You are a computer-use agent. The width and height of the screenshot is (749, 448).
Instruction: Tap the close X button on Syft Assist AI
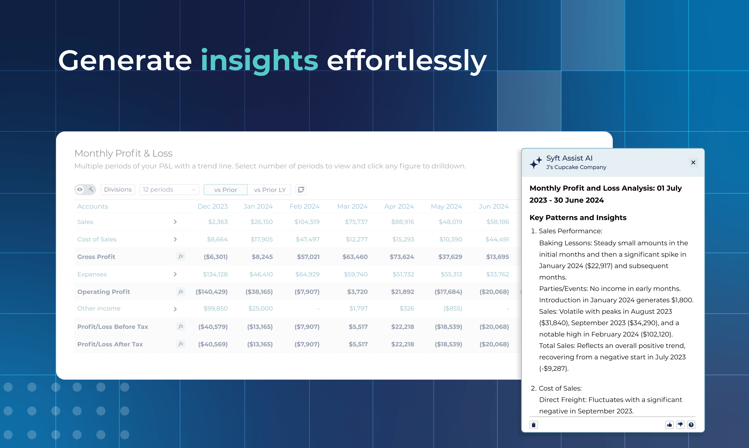(x=693, y=162)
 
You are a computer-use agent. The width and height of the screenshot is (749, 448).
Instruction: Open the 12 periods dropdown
(x=169, y=190)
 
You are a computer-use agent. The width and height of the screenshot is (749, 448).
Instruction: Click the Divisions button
(x=118, y=190)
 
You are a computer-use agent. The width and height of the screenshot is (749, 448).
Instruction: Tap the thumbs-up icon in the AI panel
(x=669, y=425)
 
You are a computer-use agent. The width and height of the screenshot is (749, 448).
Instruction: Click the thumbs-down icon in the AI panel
(x=680, y=425)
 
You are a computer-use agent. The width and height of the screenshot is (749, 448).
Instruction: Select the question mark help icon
(x=691, y=425)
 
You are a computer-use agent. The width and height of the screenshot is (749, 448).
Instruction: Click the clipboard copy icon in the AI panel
(x=534, y=425)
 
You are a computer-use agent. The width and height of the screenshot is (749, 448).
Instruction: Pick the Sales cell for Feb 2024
(x=307, y=222)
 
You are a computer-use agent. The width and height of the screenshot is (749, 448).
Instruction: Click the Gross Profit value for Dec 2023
(x=216, y=257)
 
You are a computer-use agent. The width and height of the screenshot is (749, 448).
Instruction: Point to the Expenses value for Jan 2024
(x=261, y=274)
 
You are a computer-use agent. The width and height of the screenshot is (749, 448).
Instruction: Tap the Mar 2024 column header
(x=352, y=206)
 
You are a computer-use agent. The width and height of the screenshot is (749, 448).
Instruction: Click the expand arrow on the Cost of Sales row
(x=175, y=239)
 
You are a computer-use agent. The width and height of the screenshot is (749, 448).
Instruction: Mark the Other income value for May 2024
(x=452, y=309)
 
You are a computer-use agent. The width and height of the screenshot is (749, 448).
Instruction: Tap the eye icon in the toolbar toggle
(x=80, y=190)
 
